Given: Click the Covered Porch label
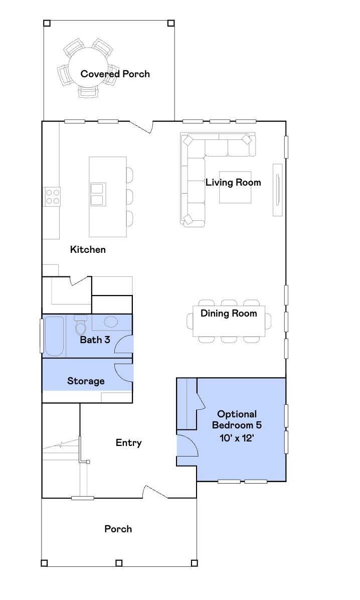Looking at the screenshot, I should coord(115,74).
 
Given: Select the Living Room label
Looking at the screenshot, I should coord(233,182).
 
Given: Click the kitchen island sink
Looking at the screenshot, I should coord(96,195).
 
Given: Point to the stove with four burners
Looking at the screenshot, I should coord(52,196).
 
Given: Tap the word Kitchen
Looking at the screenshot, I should coord(88,249).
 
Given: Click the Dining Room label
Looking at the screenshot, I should coord(229,314).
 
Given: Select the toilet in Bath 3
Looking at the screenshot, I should coord(80,326).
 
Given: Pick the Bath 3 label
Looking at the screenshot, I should coord(95,340).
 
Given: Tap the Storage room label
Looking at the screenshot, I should coord(86,381).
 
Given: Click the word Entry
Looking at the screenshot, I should coord(128,442).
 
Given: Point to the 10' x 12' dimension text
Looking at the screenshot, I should coord(237,437).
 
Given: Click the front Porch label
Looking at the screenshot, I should coord(118,529).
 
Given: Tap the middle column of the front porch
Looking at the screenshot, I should coord(119,563).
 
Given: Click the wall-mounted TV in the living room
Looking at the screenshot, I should coord(277,190).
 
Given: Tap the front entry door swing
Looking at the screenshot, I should coord(155,492).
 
